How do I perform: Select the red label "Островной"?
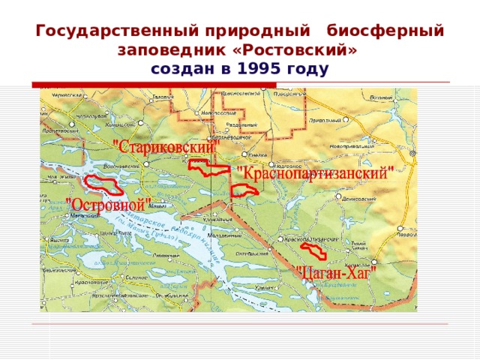[x=109, y=203]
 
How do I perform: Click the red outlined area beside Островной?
[x=104, y=184]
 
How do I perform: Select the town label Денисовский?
[x=358, y=199]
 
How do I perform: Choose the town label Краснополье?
[x=89, y=282]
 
